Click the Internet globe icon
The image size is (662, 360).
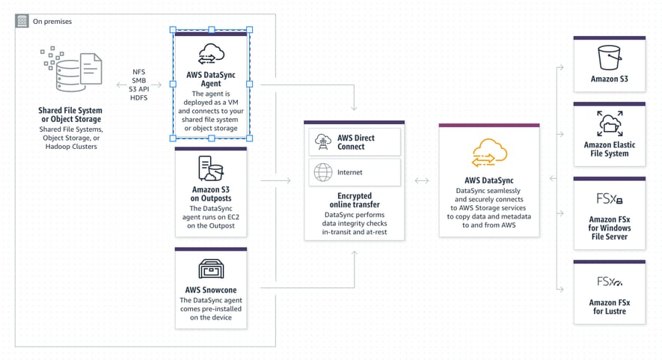tap(324, 172)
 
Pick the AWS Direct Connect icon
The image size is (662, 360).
tap(324, 141)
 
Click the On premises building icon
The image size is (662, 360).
tap(22, 20)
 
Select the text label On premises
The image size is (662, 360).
tap(52, 21)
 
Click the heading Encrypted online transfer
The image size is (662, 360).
tap(354, 199)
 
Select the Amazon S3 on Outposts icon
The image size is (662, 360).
tap(210, 171)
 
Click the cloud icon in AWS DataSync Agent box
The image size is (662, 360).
tap(210, 55)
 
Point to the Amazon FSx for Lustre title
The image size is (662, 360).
tap(609, 308)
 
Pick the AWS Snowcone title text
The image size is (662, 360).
tap(210, 289)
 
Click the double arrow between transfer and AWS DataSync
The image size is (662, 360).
tap(421, 180)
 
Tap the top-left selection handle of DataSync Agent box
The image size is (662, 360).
tap(174, 30)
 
